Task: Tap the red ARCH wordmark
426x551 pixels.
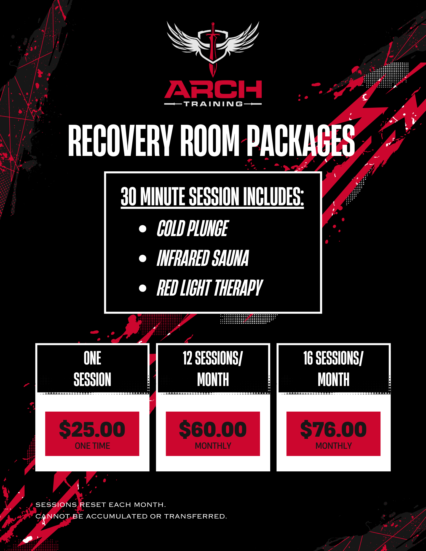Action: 213,89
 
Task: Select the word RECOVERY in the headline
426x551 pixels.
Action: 120,140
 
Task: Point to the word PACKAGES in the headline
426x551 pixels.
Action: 301,140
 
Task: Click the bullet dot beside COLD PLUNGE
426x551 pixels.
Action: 143,229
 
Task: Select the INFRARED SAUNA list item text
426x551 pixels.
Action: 203,258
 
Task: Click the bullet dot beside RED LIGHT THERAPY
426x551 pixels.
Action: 143,288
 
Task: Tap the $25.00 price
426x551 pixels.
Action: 92,430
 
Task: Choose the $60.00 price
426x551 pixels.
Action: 213,430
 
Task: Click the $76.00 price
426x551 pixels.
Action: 333,430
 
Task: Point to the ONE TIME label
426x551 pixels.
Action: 92,446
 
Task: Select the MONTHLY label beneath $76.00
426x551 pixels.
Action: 334,446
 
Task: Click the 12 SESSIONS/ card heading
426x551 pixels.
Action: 213,358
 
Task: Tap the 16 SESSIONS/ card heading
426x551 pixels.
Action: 333,358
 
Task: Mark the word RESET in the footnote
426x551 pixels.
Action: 93,505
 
